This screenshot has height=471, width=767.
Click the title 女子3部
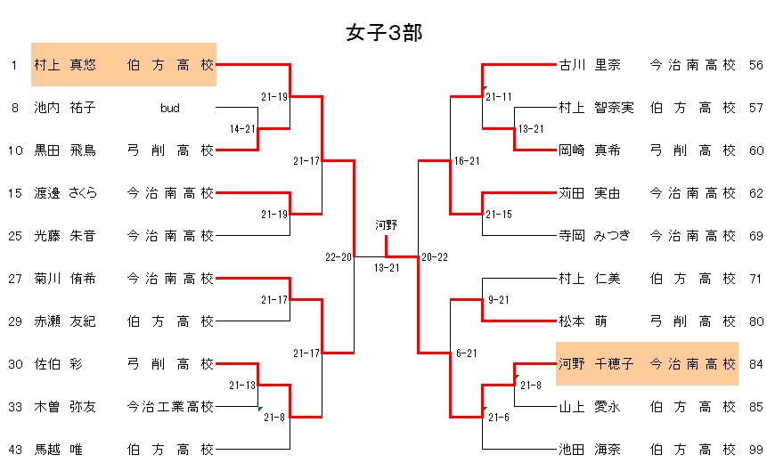[383, 34]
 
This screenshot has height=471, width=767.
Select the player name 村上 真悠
[65, 65]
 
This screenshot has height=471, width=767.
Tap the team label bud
[170, 109]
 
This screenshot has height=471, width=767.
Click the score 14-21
[242, 129]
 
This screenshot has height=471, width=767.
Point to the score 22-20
[339, 257]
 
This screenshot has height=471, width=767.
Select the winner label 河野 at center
[386, 224]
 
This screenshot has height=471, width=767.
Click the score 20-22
[435, 257]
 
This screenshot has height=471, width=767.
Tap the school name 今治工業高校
[170, 407]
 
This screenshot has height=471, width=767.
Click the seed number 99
[756, 450]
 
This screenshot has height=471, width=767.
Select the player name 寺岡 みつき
[595, 236]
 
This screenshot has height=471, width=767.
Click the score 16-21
[467, 161]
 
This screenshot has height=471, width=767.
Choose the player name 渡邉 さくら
[65, 193]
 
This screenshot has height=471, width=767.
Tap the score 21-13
[242, 386]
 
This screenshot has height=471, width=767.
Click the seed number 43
[15, 450]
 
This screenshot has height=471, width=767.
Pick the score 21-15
[499, 215]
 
